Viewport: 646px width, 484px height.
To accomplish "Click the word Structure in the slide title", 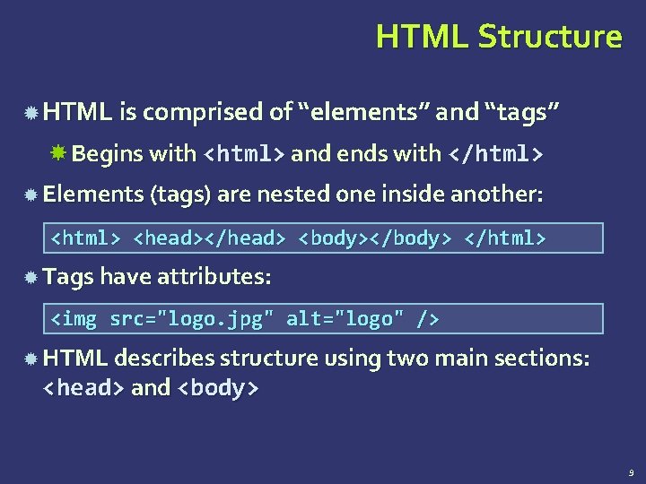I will [x=549, y=37].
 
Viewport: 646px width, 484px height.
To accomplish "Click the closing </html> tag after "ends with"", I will [x=494, y=154].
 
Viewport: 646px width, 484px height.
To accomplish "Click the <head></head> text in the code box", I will [x=209, y=238].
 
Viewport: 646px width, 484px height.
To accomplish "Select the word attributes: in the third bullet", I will [x=214, y=278].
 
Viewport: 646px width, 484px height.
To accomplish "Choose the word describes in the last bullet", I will [x=165, y=359].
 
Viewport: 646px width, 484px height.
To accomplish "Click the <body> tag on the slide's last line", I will [x=219, y=388].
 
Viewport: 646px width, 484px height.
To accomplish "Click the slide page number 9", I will [x=632, y=471].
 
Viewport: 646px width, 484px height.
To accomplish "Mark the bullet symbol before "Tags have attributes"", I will [x=31, y=279].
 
